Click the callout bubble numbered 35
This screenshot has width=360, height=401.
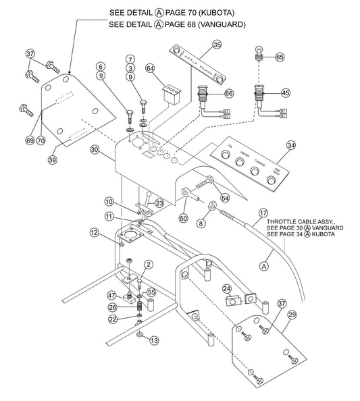click(217, 45)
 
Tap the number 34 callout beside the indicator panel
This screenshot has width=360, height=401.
click(290, 145)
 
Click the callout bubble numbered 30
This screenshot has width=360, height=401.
click(95, 150)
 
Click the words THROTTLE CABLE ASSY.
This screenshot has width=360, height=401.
click(297, 221)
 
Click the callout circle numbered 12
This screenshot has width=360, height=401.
click(95, 233)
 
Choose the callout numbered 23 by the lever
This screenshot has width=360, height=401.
click(159, 202)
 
